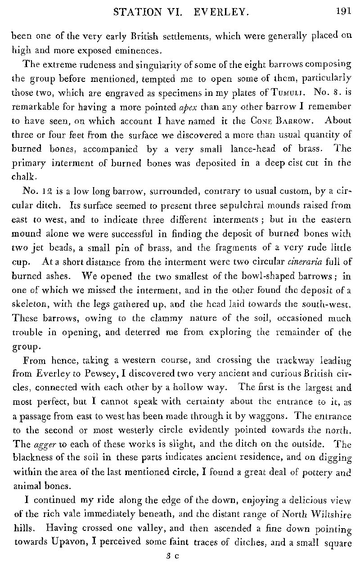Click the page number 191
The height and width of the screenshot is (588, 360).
point(343,12)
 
